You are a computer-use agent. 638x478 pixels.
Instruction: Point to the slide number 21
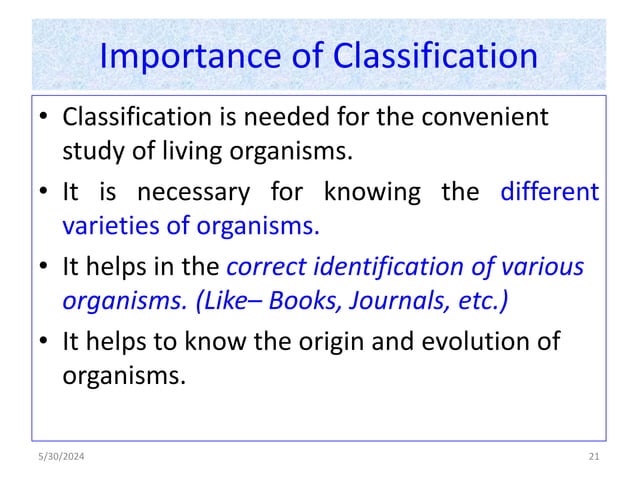[x=594, y=457]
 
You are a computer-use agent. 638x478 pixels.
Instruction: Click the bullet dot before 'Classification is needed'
[x=45, y=119]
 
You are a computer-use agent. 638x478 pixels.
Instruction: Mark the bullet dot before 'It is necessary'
[x=45, y=192]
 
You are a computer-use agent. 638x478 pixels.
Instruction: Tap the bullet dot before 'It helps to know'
[x=45, y=343]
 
